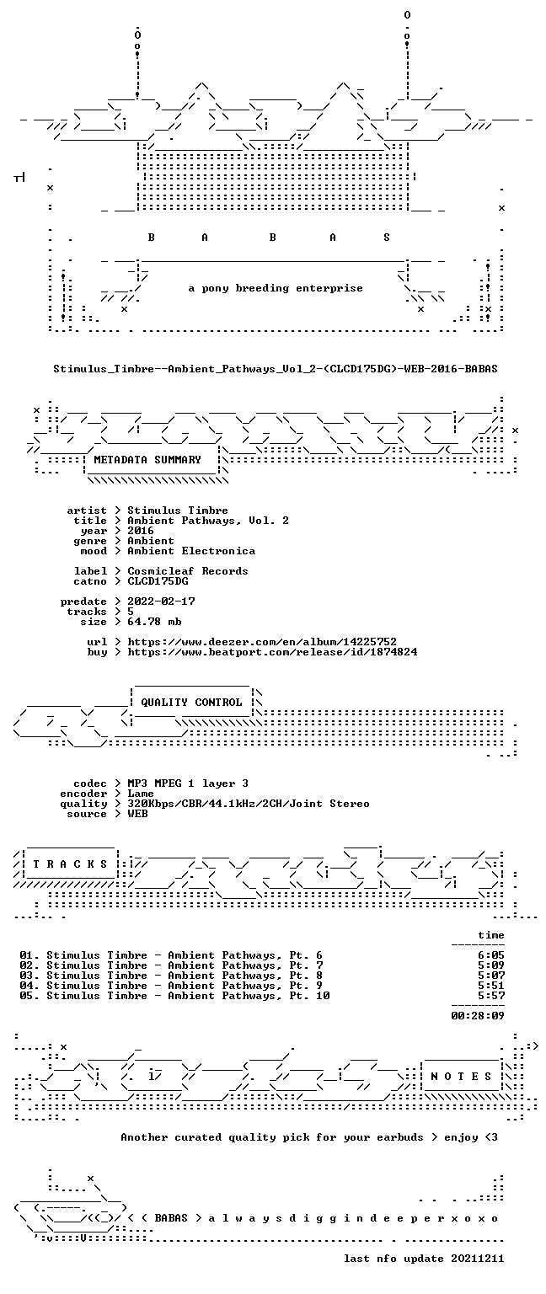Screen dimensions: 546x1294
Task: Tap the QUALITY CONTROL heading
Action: pos(191,703)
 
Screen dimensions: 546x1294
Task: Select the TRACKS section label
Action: pos(70,864)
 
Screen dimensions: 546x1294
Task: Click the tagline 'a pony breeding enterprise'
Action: pos(276,288)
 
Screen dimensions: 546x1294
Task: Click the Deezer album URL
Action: pos(262,642)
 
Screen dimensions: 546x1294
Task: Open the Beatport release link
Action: pos(272,652)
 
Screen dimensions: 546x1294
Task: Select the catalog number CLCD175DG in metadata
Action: pos(158,581)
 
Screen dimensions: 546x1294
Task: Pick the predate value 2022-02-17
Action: pos(161,602)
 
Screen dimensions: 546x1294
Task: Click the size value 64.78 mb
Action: pos(154,622)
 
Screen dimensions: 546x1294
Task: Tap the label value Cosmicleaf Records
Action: pos(188,571)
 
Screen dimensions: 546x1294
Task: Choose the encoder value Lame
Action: pos(141,794)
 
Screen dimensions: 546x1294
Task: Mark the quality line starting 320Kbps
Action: pos(249,804)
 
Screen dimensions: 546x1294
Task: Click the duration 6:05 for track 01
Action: pos(491,955)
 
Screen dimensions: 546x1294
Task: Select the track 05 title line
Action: pos(174,996)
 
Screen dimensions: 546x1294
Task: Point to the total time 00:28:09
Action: pos(478,1015)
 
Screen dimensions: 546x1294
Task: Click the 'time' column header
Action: pos(491,935)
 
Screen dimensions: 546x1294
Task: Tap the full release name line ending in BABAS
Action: pos(276,368)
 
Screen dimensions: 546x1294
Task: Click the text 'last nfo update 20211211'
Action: pos(424,1258)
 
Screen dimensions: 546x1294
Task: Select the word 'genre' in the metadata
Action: pos(90,542)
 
